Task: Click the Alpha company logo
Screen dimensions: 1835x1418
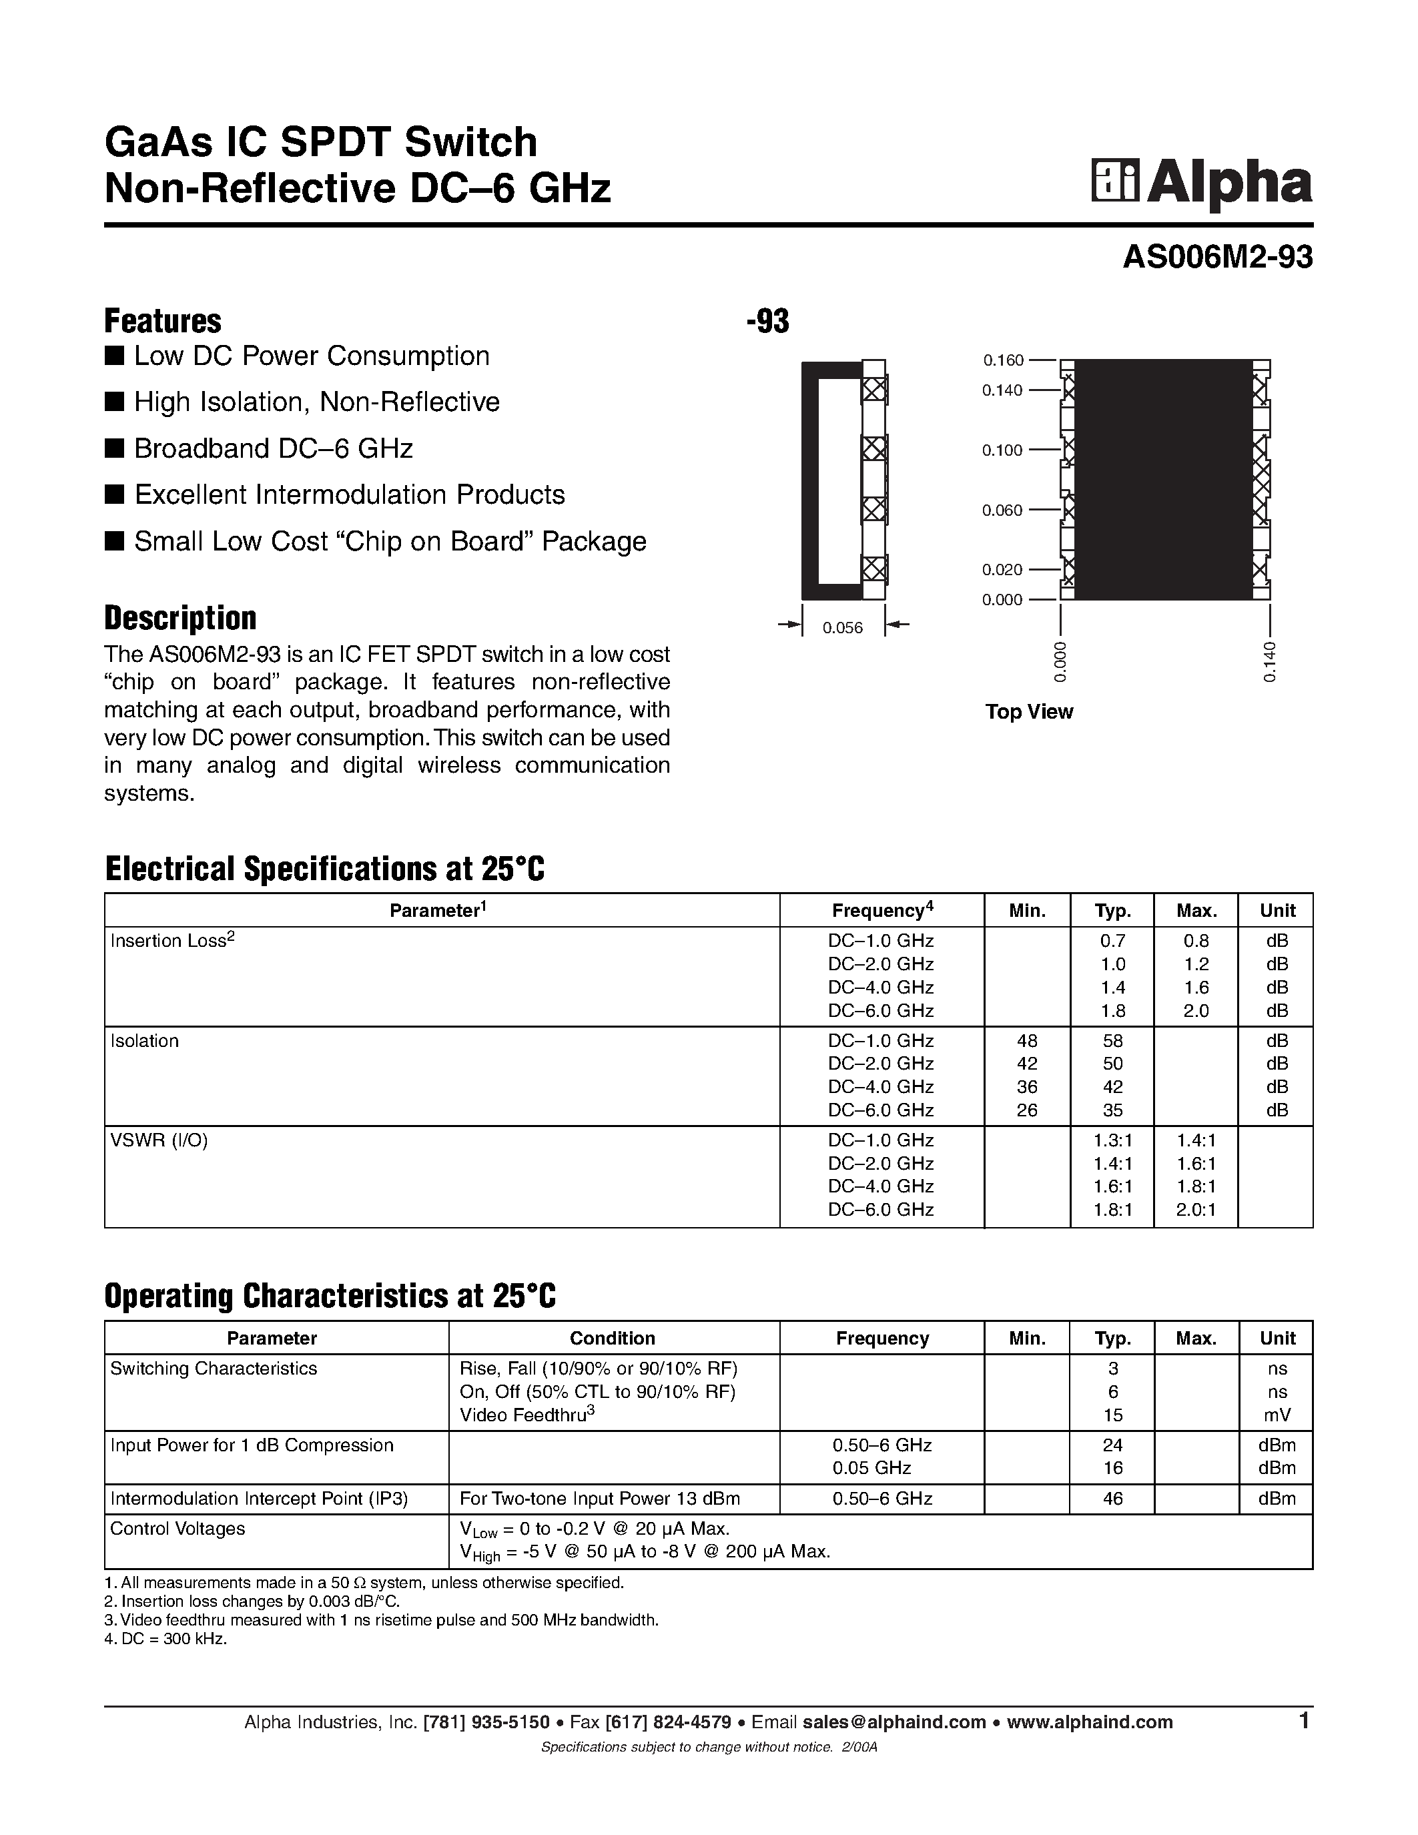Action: click(x=1201, y=182)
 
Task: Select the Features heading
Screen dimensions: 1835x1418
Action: click(x=162, y=321)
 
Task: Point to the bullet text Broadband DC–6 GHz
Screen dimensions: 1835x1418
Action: click(x=273, y=448)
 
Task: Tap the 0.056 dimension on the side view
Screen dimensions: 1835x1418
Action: click(x=843, y=628)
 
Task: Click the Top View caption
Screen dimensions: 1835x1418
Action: click(x=1028, y=712)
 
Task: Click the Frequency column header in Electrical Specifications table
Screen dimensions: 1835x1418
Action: click(x=881, y=910)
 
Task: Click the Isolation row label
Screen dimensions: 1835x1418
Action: click(x=145, y=1041)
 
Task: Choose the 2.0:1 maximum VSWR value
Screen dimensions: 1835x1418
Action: click(x=1195, y=1210)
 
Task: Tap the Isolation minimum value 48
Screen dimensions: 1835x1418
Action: click(x=1026, y=1041)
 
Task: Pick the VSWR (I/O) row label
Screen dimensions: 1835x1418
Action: click(x=159, y=1140)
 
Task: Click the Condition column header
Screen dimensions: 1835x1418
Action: click(x=613, y=1339)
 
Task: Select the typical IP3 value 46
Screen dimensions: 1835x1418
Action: click(x=1112, y=1499)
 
